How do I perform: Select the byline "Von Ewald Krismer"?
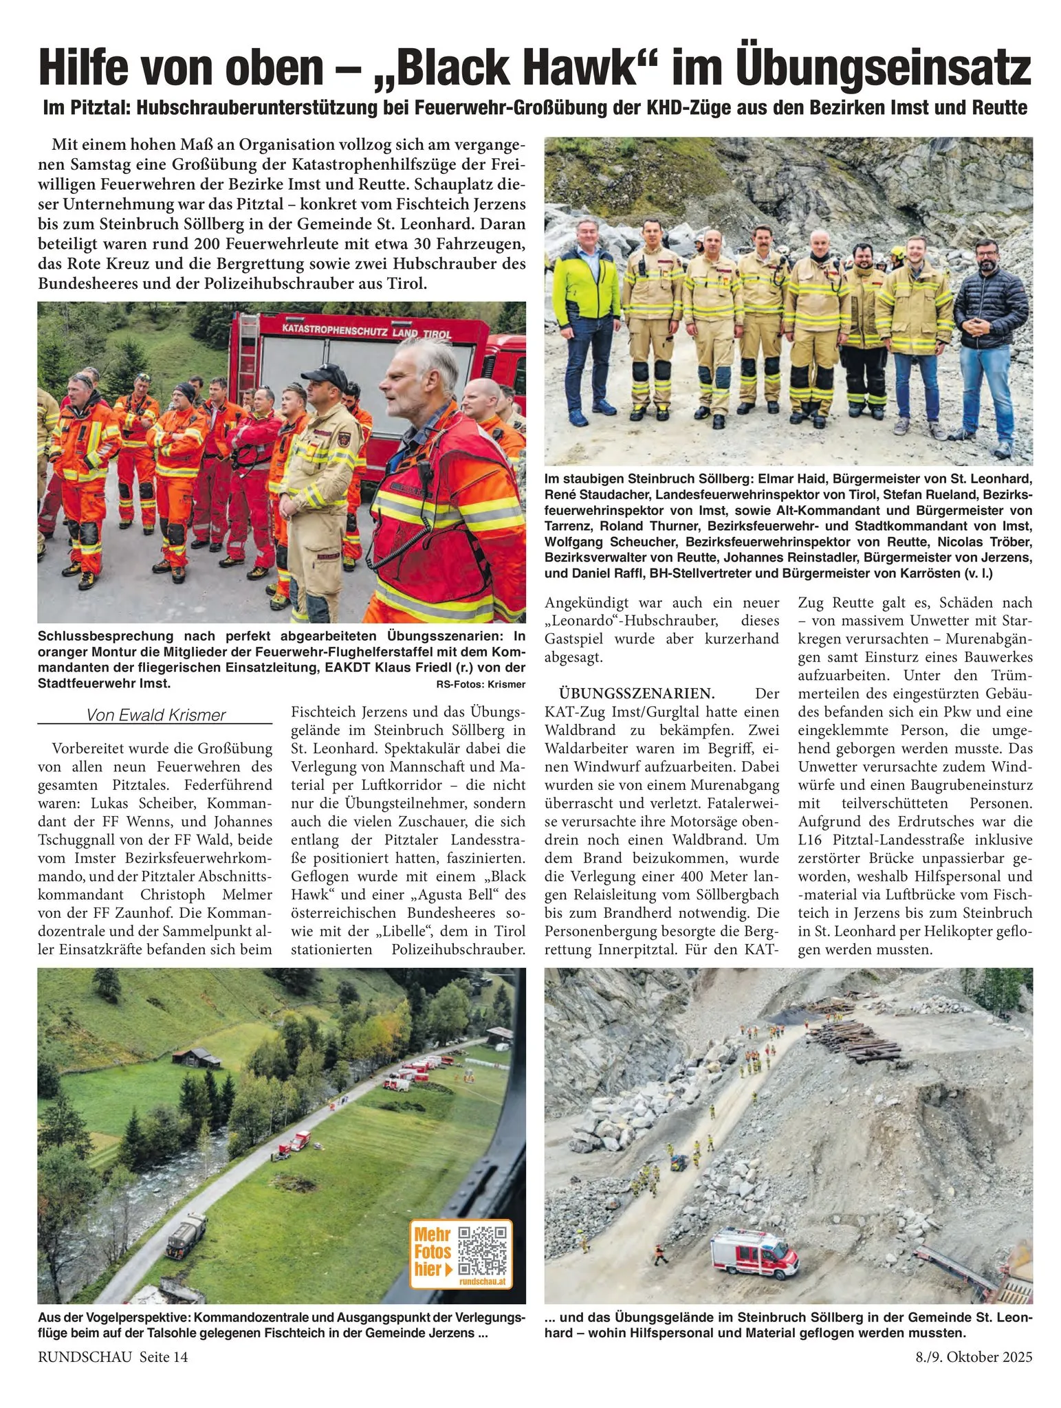click(x=155, y=715)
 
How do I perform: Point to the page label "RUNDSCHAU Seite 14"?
click(x=113, y=1357)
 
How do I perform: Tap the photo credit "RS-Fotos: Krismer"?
click(x=480, y=684)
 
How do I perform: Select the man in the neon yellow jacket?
click(x=586, y=323)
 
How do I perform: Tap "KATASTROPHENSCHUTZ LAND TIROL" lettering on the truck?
click(x=367, y=332)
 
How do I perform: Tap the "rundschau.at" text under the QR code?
click(x=485, y=1282)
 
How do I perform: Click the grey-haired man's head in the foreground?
click(x=417, y=377)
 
